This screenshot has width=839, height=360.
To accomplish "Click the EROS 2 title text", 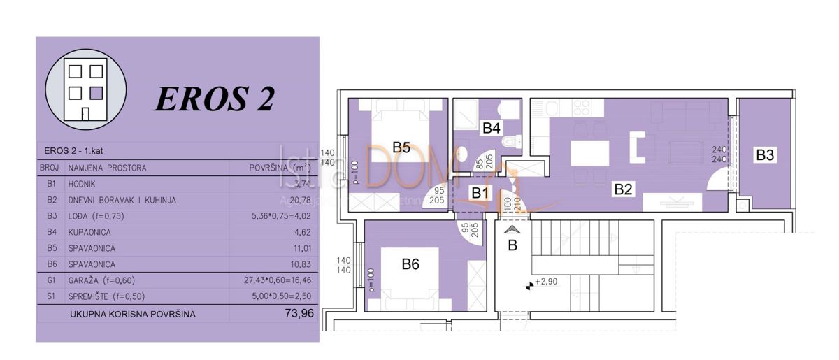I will pyautogui.click(x=214, y=99).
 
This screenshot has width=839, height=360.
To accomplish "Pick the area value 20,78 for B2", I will pyautogui.click(x=300, y=200).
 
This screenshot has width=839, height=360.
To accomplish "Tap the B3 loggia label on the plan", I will pyautogui.click(x=766, y=156).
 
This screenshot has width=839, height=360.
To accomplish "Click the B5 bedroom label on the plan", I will pyautogui.click(x=401, y=147).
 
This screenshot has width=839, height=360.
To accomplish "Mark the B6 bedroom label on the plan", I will pyautogui.click(x=410, y=264).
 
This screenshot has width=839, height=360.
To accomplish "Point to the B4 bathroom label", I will pyautogui.click(x=492, y=128).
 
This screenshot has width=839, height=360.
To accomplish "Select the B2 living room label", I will pyautogui.click(x=624, y=187).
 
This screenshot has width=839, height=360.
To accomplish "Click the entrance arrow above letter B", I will pyautogui.click(x=512, y=229).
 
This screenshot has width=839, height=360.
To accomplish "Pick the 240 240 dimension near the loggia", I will pyautogui.click(x=719, y=154).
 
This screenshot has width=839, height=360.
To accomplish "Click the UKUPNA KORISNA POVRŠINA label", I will pyautogui.click(x=132, y=314).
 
